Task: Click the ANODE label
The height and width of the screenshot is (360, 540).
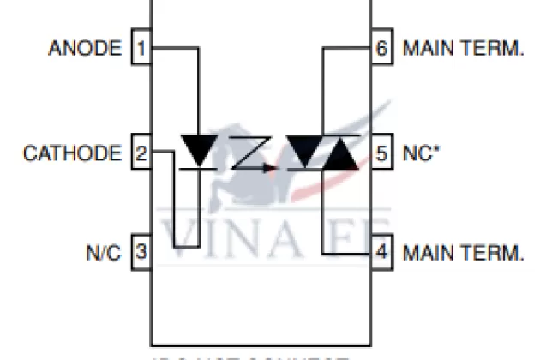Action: point(85,48)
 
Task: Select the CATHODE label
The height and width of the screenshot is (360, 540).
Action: point(72,154)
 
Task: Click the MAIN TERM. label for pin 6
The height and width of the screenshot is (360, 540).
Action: point(462,48)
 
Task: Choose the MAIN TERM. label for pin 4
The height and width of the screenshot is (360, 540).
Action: point(462,253)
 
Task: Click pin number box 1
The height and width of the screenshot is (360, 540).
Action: point(141,48)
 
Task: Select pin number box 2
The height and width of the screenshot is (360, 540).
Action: point(141,154)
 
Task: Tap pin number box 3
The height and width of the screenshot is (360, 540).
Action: point(141,253)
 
